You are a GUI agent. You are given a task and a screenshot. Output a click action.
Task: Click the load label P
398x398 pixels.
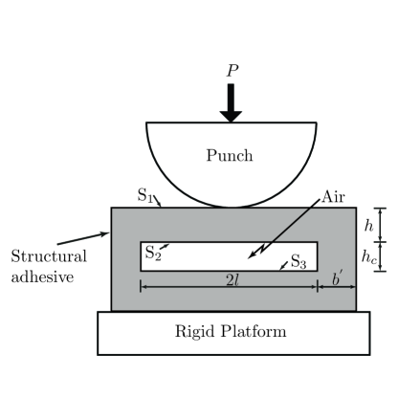coord(231,70)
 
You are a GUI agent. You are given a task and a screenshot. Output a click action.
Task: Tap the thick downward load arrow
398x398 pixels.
coord(231,102)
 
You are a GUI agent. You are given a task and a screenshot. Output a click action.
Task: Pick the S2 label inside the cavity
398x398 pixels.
coord(152,253)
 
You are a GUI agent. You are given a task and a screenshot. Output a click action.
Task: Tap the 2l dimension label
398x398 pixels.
coord(231,278)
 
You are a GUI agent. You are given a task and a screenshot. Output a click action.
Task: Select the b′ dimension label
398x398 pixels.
coord(338,278)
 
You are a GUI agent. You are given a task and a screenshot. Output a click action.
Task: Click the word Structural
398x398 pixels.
coord(50,256)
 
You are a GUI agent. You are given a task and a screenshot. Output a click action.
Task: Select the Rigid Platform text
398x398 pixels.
coord(230,332)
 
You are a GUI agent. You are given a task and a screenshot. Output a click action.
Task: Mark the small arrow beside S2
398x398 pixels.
coord(166,247)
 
